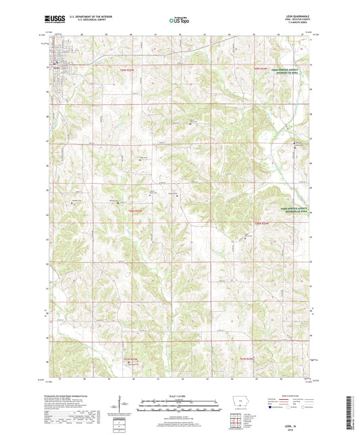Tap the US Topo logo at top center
tap(179, 20)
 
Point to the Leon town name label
tap(57, 67)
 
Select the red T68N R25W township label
tap(136, 211)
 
